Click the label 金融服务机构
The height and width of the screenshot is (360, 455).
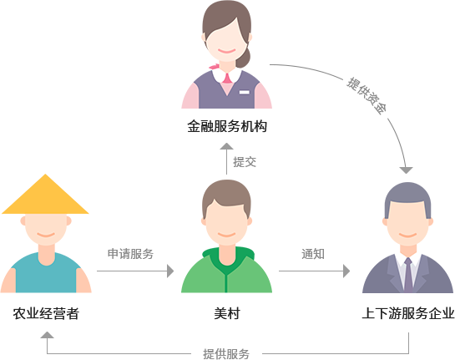click(227, 127)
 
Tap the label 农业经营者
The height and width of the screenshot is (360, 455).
click(46, 313)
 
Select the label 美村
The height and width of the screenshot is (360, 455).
click(227, 313)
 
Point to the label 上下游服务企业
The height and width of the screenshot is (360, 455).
click(408, 313)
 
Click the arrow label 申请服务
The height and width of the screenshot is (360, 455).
click(130, 254)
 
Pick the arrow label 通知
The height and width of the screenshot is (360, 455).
click(313, 254)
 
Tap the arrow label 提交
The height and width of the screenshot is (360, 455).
click(245, 162)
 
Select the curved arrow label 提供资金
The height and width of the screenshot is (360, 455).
click(367, 96)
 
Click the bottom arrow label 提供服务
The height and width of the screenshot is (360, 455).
click(226, 354)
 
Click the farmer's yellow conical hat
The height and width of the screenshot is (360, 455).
click(45, 194)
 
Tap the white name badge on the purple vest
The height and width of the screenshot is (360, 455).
click(245, 93)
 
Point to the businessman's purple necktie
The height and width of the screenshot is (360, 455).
click(408, 276)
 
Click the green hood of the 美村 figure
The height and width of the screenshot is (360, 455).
click(228, 256)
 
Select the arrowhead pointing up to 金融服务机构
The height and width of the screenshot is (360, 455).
click(226, 146)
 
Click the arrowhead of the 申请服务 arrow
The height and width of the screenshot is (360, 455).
click(170, 271)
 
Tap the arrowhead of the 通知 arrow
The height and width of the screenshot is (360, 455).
click(346, 271)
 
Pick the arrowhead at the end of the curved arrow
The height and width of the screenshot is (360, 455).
click(407, 170)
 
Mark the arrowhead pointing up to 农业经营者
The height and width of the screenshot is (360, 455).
click(47, 335)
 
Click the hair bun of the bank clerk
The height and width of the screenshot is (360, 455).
click(243, 57)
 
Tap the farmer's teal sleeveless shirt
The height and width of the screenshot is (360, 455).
click(46, 273)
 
